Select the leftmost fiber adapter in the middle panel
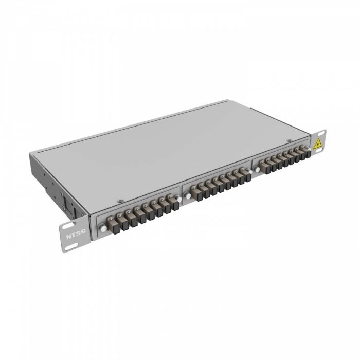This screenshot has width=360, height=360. (x=196, y=193)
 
